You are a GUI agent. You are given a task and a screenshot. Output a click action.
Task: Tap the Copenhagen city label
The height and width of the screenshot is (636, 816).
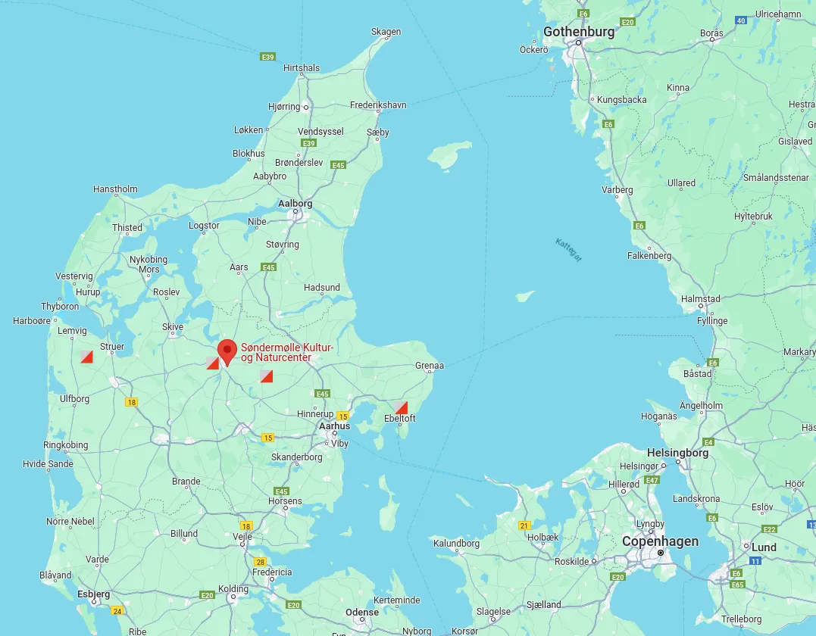[660, 541]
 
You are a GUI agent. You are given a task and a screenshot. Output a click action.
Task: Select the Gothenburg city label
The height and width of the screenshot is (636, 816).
[578, 33]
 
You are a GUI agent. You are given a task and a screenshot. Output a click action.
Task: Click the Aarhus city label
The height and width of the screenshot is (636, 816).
[334, 426]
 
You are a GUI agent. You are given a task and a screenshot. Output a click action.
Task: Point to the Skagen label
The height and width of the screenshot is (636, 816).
[386, 32]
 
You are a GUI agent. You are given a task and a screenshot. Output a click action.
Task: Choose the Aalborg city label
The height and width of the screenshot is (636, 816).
[295, 204]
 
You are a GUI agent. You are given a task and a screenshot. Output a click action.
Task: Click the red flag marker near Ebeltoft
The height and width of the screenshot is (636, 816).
[402, 407]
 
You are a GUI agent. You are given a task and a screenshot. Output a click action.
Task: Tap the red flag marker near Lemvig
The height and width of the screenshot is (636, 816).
[86, 357]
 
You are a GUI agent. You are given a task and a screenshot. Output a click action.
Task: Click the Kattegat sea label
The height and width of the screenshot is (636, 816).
[569, 251]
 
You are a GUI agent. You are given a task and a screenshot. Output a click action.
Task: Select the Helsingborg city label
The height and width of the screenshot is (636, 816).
[677, 453]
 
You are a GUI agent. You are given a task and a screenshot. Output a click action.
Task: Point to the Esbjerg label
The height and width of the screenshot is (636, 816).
[93, 594]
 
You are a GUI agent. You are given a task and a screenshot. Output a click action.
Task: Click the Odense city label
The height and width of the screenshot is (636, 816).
[361, 613]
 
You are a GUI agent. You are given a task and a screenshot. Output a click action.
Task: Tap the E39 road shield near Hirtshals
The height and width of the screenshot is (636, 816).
[267, 57]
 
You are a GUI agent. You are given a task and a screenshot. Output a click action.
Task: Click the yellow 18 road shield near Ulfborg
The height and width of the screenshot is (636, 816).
[132, 402]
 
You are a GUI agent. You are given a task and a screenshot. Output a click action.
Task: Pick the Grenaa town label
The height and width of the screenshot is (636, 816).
[429, 366]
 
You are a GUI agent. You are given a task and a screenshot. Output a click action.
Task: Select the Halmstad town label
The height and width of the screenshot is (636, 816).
[700, 299]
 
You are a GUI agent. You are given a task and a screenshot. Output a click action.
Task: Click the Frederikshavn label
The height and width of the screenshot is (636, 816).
[378, 105]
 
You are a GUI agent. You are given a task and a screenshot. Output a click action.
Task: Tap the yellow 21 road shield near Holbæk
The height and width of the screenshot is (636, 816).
[524, 525]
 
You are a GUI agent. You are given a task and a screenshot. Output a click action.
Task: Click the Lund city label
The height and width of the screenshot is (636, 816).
[764, 547]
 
